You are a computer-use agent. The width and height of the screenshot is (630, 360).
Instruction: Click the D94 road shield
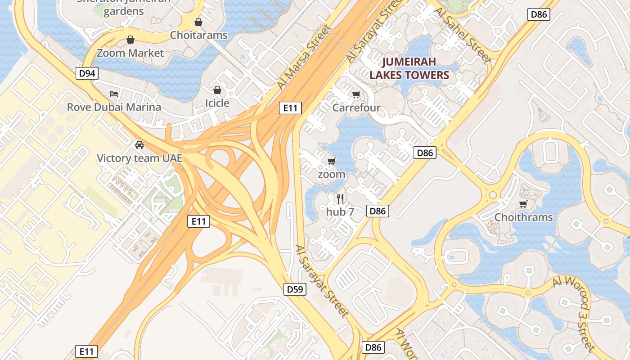tap(87, 73)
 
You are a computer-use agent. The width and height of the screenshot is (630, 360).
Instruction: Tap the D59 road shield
tap(295, 289)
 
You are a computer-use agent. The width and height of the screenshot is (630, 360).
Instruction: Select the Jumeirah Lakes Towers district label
tap(409, 68)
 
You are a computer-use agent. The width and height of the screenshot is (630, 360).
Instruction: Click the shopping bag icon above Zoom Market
tap(130, 40)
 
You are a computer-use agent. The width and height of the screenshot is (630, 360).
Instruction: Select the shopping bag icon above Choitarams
tap(198, 22)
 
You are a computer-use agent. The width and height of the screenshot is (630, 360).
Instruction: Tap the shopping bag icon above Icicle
tap(217, 90)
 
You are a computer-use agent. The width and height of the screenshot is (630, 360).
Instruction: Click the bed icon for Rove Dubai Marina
tap(114, 94)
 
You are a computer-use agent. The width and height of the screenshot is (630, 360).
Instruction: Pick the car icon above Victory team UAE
tap(139, 145)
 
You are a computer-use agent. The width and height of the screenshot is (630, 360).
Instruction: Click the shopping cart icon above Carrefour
tap(356, 94)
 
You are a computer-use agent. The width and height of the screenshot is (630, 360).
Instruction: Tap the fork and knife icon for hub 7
tap(340, 198)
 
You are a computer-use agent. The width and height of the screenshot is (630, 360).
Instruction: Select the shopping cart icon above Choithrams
tap(523, 204)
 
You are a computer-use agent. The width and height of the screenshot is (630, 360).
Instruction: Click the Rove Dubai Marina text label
tap(114, 107)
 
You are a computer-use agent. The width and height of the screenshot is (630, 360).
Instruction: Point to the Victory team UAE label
tap(139, 158)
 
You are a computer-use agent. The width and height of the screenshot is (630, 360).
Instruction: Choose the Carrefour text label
tap(356, 108)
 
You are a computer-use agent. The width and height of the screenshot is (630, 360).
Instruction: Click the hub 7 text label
tap(340, 211)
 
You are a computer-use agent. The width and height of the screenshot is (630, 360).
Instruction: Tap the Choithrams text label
tap(523, 217)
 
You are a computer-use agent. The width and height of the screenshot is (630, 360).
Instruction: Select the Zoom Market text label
tap(130, 53)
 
